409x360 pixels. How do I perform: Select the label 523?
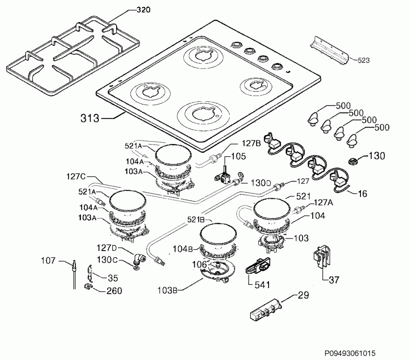pyautogui.click(x=364, y=60)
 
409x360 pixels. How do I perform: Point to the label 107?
pyautogui.click(x=48, y=262)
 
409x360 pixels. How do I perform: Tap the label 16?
pyautogui.click(x=363, y=194)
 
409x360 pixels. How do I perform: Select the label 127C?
pyautogui.click(x=76, y=177)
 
